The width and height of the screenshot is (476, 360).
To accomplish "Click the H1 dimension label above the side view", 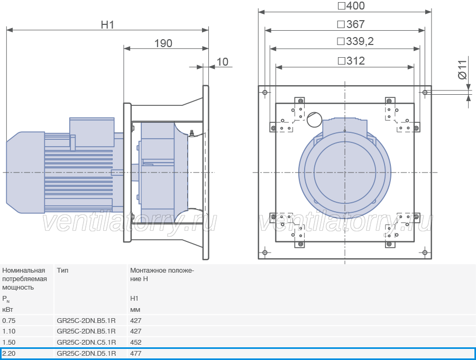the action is pos(107,24).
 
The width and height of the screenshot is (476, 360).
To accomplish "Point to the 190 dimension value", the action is pos(163,43).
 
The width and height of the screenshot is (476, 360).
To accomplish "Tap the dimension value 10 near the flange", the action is pos(222,62).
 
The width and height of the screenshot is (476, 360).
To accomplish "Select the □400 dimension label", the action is pos(351,6).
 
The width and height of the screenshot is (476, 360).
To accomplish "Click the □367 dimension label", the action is pos(351,24).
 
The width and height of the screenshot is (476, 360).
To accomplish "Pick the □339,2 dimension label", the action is pos(355,41).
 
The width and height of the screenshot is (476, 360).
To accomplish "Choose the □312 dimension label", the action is pos(351,61).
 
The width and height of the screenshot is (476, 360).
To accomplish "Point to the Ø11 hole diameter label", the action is pos(462,70).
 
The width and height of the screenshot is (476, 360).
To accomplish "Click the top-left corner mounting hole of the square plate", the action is pos(265,92).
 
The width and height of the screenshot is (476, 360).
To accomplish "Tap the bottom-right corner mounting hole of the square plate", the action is pos(425,253).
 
